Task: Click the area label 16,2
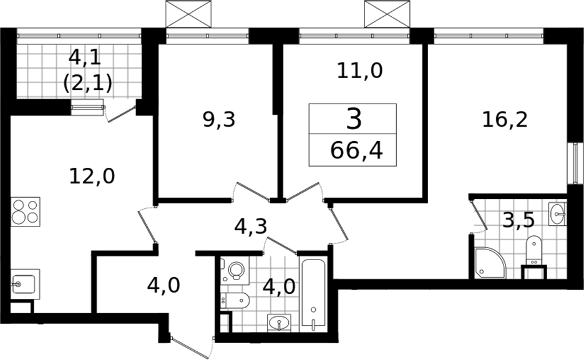pos(505,120)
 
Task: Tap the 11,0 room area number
pos(359,71)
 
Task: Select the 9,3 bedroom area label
pos(219,120)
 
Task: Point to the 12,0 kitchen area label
pos(92,176)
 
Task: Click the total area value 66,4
pos(356,151)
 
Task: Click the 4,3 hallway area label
pos(251,226)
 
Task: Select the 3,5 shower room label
pos(518,220)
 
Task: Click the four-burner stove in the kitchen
pos(26,212)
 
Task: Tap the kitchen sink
pos(25,285)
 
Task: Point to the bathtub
pos(314,294)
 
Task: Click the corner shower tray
pos(490,263)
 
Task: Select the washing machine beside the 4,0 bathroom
pos(235,270)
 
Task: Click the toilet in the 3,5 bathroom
pos(534,252)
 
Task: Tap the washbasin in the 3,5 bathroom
pos(558,214)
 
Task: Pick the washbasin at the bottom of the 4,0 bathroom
pos(280,323)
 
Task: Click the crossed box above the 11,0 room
pos(387,14)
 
